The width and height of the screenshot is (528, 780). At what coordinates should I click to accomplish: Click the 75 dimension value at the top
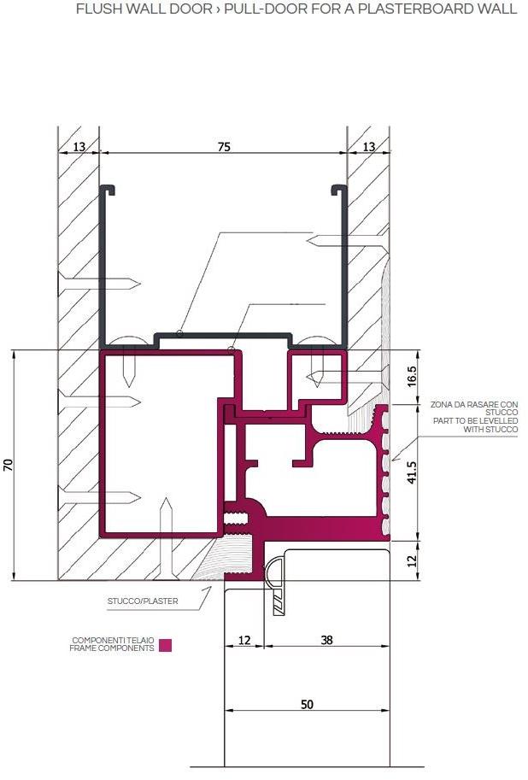[223, 147]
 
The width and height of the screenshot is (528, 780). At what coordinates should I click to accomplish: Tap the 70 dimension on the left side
[9, 465]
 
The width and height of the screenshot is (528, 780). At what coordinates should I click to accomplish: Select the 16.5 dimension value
[411, 375]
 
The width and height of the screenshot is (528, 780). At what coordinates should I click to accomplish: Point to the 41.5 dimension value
[411, 472]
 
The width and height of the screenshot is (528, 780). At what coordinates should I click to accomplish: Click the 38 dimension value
[326, 640]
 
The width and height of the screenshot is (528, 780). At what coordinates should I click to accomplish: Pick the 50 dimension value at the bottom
[308, 705]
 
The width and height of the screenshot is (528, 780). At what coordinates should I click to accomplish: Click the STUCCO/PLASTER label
[143, 601]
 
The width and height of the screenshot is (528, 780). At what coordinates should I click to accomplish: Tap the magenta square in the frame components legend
[165, 645]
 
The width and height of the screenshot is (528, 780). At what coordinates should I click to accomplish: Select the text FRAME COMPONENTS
[112, 648]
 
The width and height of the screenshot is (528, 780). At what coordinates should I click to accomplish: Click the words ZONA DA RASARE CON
[474, 403]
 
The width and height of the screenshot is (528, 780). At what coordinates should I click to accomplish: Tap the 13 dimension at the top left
[79, 147]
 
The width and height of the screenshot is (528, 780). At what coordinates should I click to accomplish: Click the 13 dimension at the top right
[368, 147]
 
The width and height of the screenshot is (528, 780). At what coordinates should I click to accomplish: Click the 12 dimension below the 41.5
[411, 560]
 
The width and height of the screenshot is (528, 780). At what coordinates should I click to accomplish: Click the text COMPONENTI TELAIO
[111, 640]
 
